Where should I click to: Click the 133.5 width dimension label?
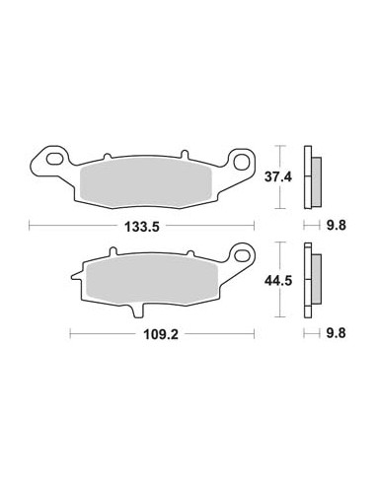142,227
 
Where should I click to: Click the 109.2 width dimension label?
161,334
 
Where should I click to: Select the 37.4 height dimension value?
278,177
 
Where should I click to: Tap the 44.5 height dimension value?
278,281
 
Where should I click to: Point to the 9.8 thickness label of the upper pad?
337,226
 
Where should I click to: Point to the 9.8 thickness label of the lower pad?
337,333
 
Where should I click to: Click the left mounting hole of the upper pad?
54,159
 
